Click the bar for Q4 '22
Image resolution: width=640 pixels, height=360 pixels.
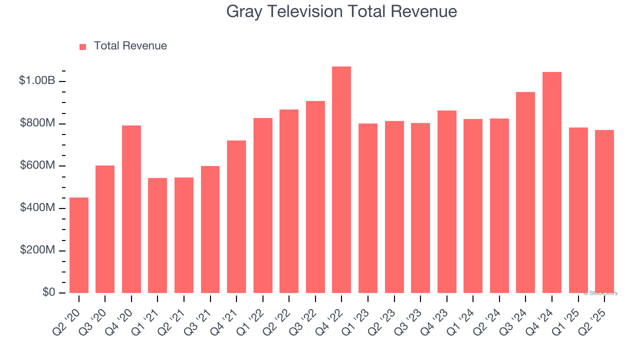tap(341, 180)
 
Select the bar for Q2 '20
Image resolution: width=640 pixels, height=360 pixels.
tap(79, 245)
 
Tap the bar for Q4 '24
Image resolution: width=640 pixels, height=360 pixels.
tap(552, 182)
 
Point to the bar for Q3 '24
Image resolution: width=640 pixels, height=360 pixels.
tap(525, 192)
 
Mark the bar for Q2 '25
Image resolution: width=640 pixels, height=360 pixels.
tap(604, 211)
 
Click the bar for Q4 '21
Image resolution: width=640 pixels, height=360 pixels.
tap(236, 216)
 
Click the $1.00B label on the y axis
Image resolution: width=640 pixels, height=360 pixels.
tap(36, 80)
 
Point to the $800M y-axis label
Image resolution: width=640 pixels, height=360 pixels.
tap(37, 123)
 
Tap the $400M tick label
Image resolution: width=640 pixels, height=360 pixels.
tap(37, 207)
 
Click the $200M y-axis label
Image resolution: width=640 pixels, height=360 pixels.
tap(37, 250)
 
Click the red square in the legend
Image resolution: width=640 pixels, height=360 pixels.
tap(83, 47)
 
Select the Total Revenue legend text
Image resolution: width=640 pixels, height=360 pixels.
tap(130, 46)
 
